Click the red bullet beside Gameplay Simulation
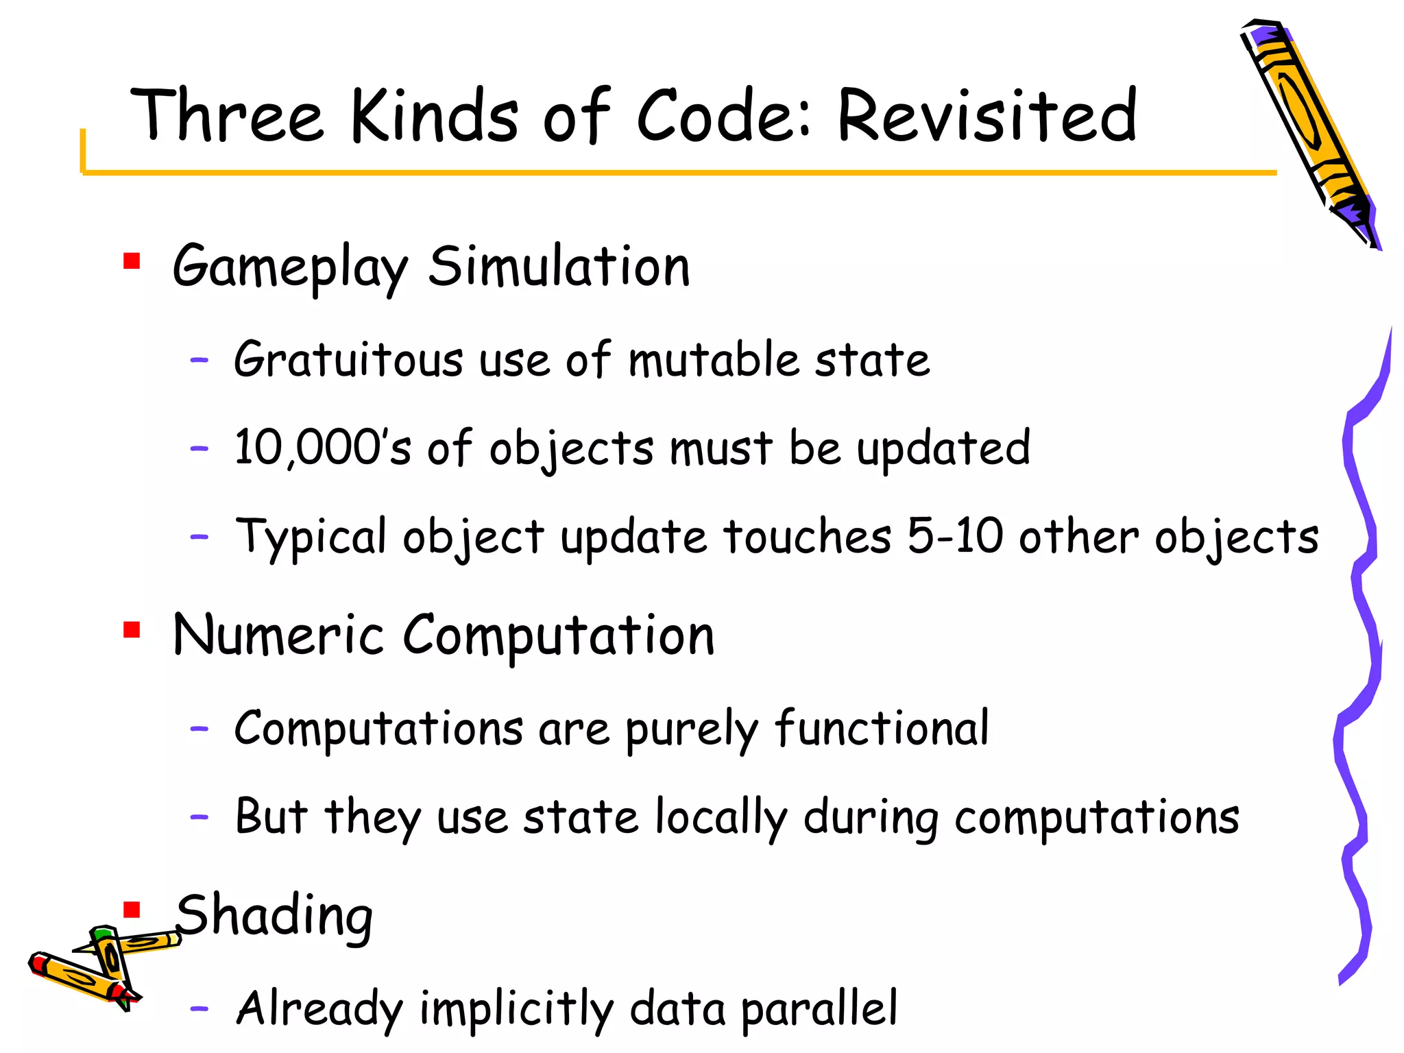(x=132, y=261)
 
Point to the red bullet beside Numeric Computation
(x=132, y=629)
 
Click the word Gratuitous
(x=348, y=360)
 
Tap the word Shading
(x=274, y=916)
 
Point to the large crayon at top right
(x=1309, y=130)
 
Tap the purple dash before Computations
(x=199, y=729)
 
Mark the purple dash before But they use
(x=199, y=816)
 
